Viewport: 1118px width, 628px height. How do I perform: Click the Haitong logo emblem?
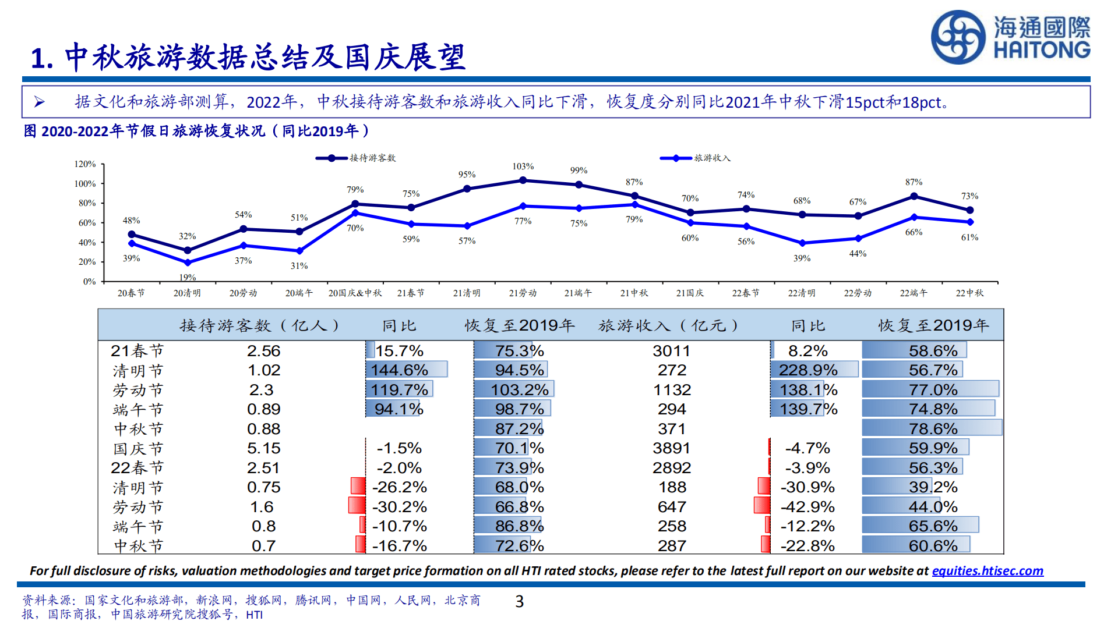pos(958,37)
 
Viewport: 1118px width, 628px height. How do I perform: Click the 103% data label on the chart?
pos(523,166)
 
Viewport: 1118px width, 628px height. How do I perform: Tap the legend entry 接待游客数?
pos(372,158)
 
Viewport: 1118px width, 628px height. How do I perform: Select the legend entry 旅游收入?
pos(711,158)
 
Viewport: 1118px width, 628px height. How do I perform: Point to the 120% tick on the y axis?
pos(85,164)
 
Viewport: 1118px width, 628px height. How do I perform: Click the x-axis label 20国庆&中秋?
pos(355,293)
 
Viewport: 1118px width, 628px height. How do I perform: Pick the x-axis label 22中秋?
pos(969,293)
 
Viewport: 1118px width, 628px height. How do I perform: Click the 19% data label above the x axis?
pos(187,278)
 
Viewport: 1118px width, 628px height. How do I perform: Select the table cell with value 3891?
pos(671,448)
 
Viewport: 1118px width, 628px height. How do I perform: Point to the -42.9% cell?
pos(807,507)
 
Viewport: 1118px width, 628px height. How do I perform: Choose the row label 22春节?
pos(137,468)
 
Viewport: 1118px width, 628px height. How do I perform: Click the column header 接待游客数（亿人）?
pos(259,325)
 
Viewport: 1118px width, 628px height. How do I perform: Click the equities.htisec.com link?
pos(987,571)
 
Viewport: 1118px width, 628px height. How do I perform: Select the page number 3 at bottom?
pos(520,601)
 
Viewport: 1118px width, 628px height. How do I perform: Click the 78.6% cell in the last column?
pos(933,429)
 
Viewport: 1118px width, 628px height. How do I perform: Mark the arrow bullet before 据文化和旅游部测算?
pos(39,102)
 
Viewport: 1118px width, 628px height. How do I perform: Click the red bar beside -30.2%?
pos(357,505)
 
